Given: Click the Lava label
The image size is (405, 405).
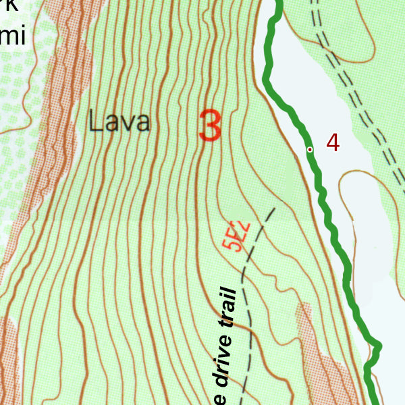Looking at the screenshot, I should click(x=119, y=122).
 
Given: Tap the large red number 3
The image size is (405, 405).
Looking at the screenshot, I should click(x=211, y=126).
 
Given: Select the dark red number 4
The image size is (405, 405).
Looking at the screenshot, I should click(x=332, y=142).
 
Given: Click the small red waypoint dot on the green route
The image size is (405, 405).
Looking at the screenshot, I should click(x=310, y=149).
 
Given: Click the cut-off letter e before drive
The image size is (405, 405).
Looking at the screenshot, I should click(x=223, y=400).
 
